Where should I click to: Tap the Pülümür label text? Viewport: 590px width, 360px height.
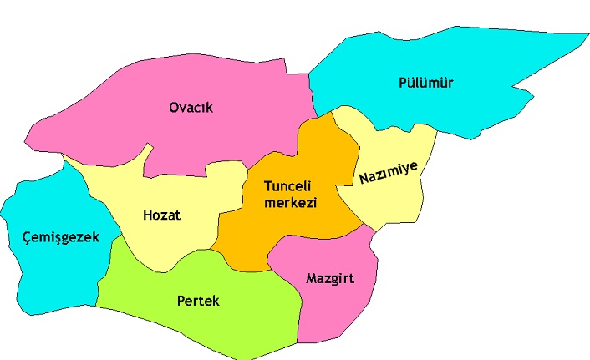(425, 82)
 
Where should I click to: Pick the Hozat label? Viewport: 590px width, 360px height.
(160, 215)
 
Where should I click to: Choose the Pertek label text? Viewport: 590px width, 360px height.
(198, 301)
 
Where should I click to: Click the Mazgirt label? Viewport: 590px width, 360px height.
(329, 277)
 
